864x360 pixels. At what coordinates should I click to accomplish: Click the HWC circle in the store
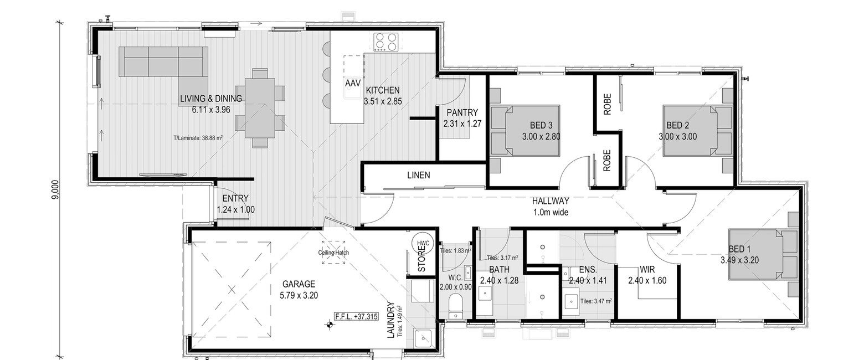(x=423, y=243)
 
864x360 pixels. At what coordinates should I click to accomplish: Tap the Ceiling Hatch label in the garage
(x=333, y=253)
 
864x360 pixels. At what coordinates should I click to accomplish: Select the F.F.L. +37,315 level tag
(x=357, y=317)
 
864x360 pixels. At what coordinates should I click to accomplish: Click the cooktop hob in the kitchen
(x=385, y=42)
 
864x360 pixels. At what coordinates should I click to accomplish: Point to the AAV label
(x=353, y=83)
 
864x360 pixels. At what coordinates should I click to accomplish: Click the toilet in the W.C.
(x=456, y=306)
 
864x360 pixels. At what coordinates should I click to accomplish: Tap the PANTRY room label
(x=462, y=112)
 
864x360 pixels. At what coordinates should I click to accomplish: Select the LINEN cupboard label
(x=419, y=175)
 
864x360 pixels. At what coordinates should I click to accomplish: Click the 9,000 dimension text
(x=56, y=189)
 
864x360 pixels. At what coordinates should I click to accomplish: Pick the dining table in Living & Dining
(x=260, y=108)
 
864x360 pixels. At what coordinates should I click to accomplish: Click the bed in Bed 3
(x=532, y=130)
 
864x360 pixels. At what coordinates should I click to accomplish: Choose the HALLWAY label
(x=551, y=201)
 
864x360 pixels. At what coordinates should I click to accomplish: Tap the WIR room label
(x=647, y=269)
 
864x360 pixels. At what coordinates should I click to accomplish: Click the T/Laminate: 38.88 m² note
(x=198, y=137)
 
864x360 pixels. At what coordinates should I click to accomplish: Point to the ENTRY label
(x=235, y=198)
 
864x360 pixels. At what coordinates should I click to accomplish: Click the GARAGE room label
(x=299, y=284)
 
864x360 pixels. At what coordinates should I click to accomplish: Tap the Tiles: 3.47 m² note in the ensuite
(x=596, y=301)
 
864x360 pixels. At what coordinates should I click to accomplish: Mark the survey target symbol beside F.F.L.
(x=329, y=325)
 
